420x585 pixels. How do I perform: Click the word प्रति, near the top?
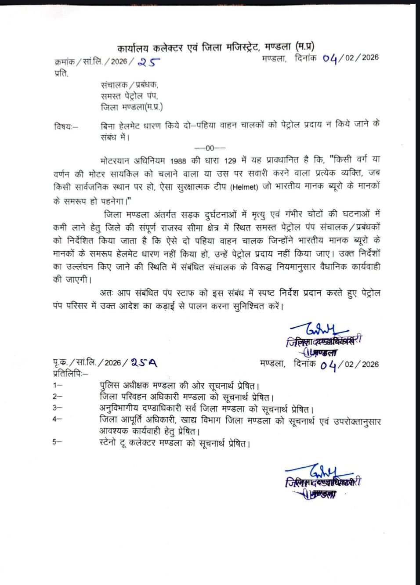click(x=62, y=73)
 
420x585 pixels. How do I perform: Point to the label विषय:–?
click(x=66, y=127)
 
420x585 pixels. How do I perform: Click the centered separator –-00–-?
click(x=210, y=148)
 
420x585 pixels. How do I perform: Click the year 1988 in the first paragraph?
click(x=178, y=161)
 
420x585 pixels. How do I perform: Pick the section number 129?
click(x=230, y=161)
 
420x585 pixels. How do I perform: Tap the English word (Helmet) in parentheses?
click(x=244, y=187)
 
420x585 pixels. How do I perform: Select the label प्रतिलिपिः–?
click(x=70, y=374)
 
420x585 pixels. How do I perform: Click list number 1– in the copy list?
click(x=58, y=385)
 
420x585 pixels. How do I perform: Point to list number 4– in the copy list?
click(x=57, y=419)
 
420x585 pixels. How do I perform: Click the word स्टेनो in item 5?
click(x=108, y=443)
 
